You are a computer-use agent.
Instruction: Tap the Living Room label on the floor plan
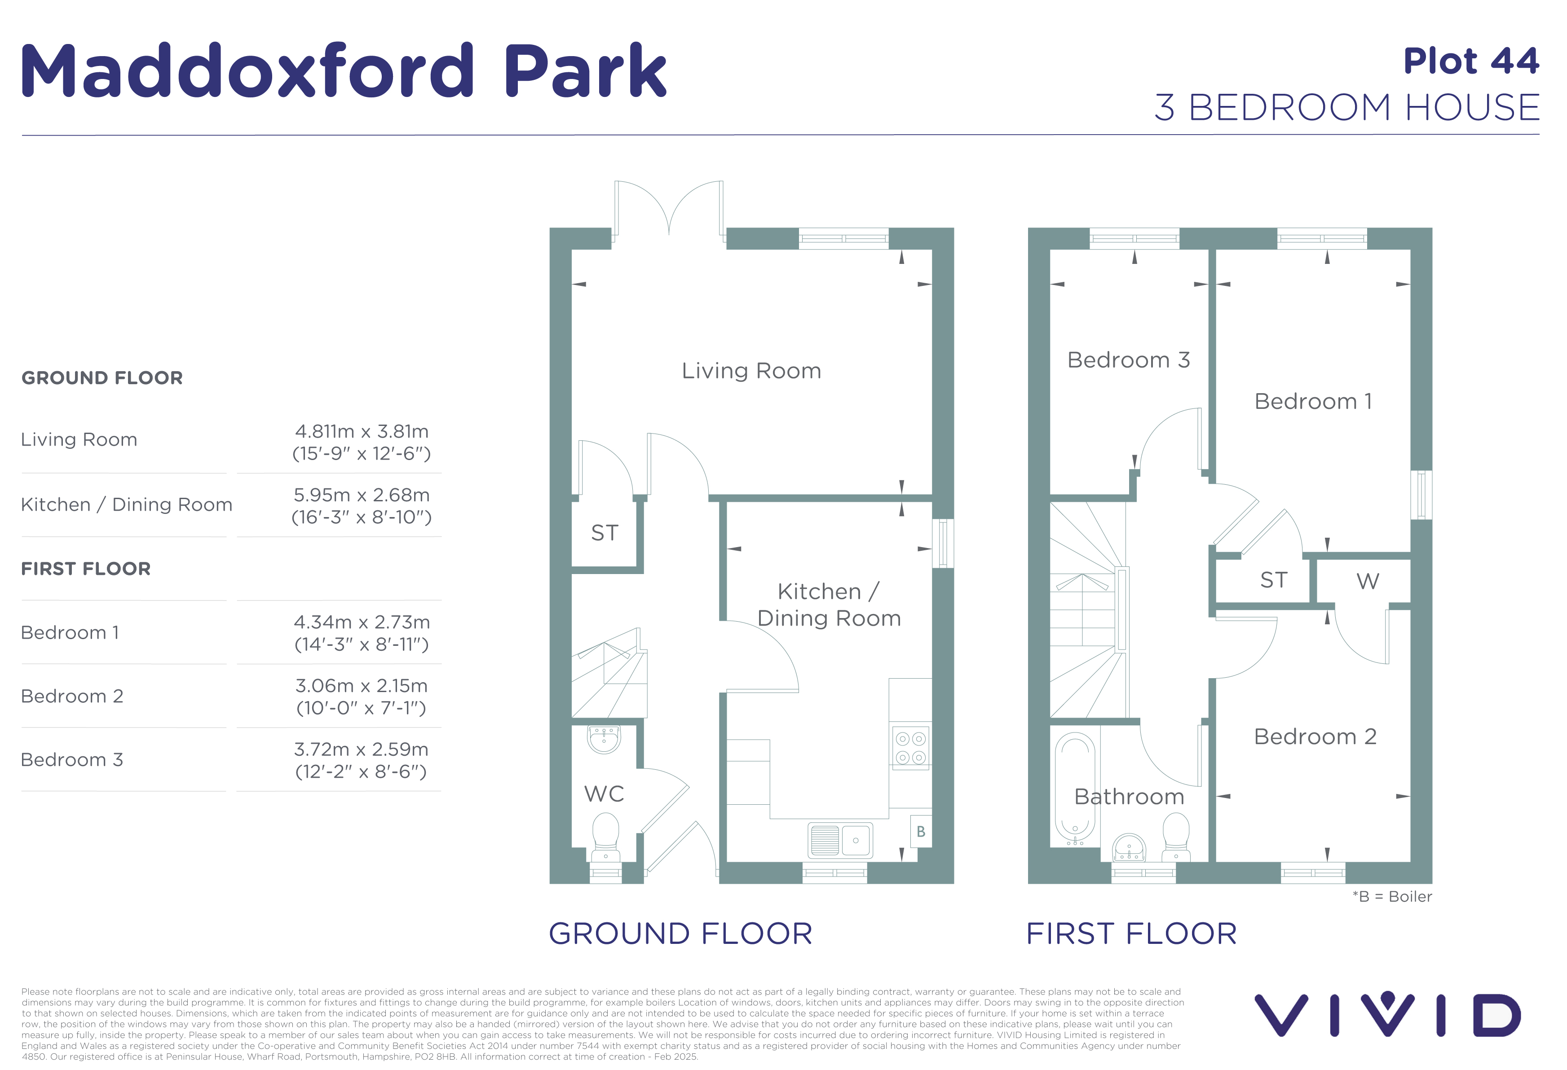(x=751, y=371)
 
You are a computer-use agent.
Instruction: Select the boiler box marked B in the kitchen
(x=920, y=832)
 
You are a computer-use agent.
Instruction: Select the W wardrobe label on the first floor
(x=1368, y=581)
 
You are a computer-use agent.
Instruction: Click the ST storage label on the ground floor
(x=604, y=533)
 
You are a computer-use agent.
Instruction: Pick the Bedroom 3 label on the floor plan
(x=1128, y=360)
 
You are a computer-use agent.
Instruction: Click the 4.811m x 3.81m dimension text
(x=362, y=431)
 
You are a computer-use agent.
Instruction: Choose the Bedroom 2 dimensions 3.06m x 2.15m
(x=362, y=686)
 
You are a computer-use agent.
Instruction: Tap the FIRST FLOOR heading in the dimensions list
(x=86, y=569)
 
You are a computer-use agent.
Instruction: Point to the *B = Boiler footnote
(x=1392, y=896)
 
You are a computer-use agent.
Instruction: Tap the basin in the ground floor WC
(x=604, y=738)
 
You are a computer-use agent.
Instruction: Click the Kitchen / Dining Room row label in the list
(x=127, y=504)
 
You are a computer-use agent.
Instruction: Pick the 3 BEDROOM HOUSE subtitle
(x=1347, y=108)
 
